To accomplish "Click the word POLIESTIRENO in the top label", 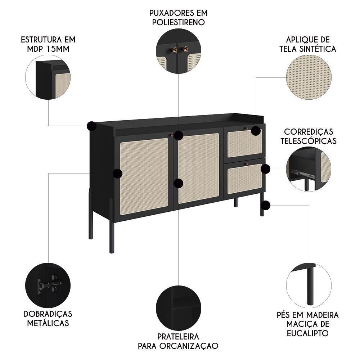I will click(179, 22).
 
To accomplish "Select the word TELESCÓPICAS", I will click(309, 141).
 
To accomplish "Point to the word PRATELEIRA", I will click(178, 337).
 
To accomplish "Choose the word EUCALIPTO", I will click(307, 333).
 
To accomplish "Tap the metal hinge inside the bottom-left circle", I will click(49, 285).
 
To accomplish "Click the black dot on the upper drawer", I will click(256, 131).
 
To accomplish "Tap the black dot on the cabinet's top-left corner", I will click(91, 126).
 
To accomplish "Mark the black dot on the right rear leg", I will click(266, 205).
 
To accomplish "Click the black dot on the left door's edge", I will click(117, 174).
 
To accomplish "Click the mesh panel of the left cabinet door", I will click(144, 176).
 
